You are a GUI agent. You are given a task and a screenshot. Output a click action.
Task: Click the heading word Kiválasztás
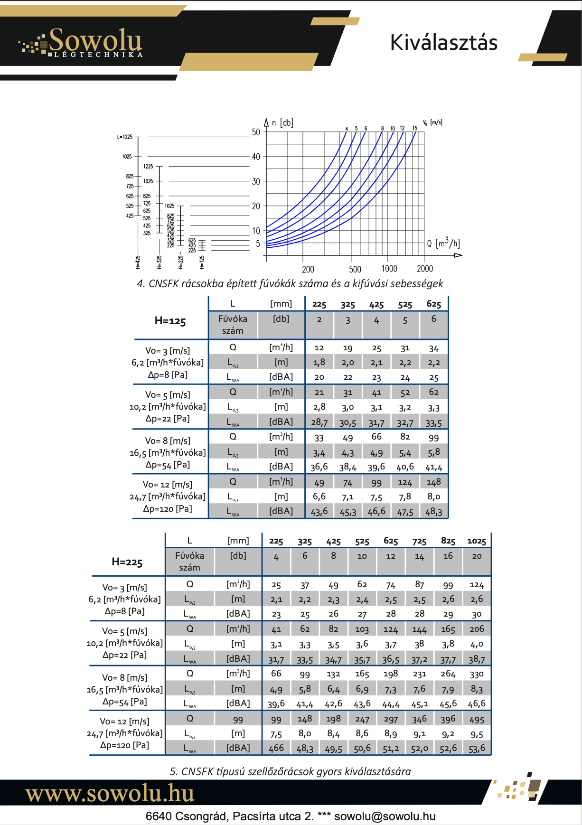pyautogui.click(x=443, y=43)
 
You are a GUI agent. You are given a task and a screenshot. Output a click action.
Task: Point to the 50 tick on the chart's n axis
pyautogui.click(x=256, y=132)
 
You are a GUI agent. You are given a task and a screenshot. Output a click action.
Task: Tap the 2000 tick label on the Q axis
pyautogui.click(x=424, y=269)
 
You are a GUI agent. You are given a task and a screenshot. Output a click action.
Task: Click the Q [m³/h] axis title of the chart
pyautogui.click(x=442, y=244)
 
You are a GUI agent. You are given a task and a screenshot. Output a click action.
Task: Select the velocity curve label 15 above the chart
pyautogui.click(x=414, y=128)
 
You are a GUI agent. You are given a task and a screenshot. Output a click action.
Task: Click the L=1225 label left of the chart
pyautogui.click(x=125, y=137)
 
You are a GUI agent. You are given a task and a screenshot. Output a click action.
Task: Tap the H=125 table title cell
pyautogui.click(x=170, y=321)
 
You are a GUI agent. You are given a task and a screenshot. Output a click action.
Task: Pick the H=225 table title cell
pyautogui.click(x=127, y=562)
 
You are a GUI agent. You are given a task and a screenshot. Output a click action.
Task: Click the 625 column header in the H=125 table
pyautogui.click(x=433, y=304)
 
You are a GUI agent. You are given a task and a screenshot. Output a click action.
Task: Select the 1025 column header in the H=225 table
pyautogui.click(x=477, y=541)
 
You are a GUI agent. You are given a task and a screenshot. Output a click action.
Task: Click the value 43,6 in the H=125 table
pyautogui.click(x=319, y=512)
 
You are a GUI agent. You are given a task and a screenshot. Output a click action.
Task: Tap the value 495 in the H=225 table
pyautogui.click(x=477, y=720)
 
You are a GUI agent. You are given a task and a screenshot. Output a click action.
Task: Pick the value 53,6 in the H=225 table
pyautogui.click(x=477, y=749)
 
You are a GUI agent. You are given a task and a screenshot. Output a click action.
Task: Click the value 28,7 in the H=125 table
pyautogui.click(x=319, y=422)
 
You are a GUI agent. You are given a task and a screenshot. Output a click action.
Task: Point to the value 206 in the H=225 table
pyautogui.click(x=477, y=629)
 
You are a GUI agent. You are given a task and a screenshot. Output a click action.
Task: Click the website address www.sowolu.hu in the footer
pyautogui.click(x=110, y=794)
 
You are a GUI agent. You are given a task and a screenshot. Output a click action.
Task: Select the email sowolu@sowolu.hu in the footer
pyautogui.click(x=385, y=816)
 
